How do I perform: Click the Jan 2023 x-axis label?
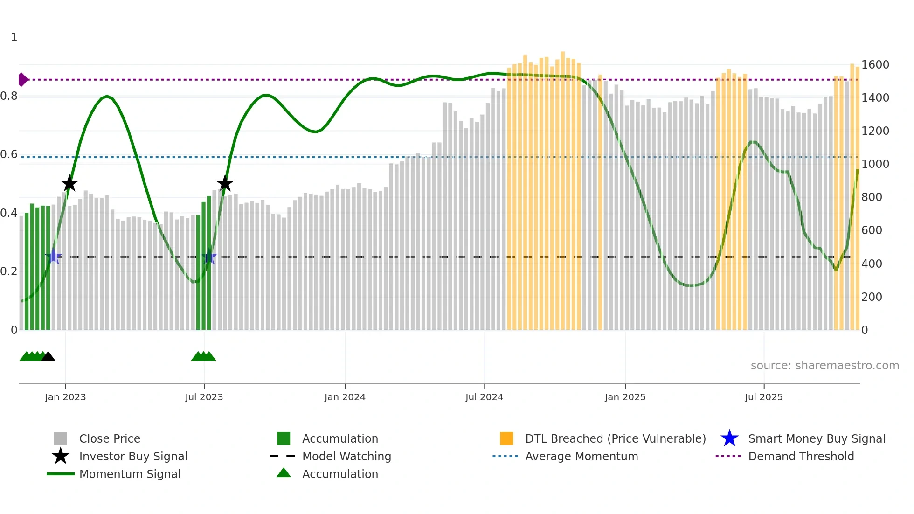click(x=65, y=397)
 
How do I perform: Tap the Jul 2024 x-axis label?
click(x=484, y=397)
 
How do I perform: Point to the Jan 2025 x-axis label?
click(x=625, y=397)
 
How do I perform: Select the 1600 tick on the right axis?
click(x=875, y=65)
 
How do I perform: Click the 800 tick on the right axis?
click(x=872, y=197)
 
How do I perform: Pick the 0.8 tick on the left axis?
click(x=9, y=96)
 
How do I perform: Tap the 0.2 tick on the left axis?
click(x=9, y=271)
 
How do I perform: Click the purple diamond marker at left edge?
click(x=22, y=80)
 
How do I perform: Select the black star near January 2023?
click(x=69, y=183)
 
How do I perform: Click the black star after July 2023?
click(x=225, y=183)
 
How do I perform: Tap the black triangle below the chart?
click(x=48, y=357)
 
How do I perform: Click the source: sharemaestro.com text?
click(x=824, y=366)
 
